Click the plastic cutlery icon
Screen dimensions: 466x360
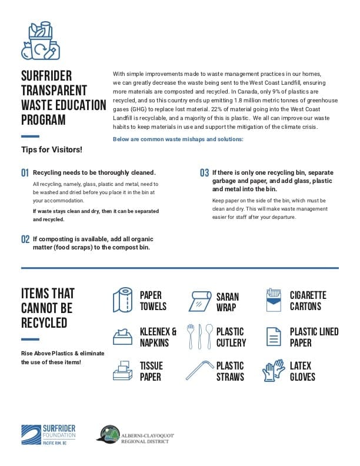199,337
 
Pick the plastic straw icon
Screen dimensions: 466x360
199,371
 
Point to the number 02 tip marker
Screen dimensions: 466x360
25,239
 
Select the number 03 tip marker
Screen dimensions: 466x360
204,173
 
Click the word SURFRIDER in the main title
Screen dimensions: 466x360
46,76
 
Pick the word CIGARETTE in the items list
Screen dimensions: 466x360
308,295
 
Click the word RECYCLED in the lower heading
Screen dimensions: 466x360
44,322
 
